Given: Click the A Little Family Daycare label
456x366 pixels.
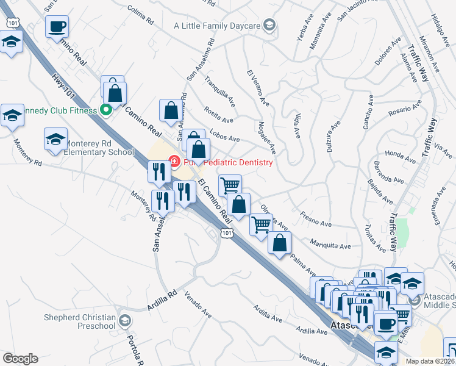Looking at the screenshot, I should coord(217,26).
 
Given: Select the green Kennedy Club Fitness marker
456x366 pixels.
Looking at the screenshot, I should coord(106,110).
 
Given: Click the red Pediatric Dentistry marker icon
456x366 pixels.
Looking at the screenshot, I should coord(174,162).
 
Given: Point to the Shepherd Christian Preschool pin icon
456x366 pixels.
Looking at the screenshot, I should coord(125,321).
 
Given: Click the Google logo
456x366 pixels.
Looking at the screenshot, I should coord(20,359).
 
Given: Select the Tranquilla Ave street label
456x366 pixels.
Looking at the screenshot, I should coord(220,90).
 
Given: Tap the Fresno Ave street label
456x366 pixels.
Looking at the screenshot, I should coord(315,218).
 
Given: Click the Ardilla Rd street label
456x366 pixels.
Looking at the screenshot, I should coord(162,300).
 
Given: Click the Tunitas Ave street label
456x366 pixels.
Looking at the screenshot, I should coord(374,238).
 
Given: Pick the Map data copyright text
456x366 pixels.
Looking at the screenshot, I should coord(430,361).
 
